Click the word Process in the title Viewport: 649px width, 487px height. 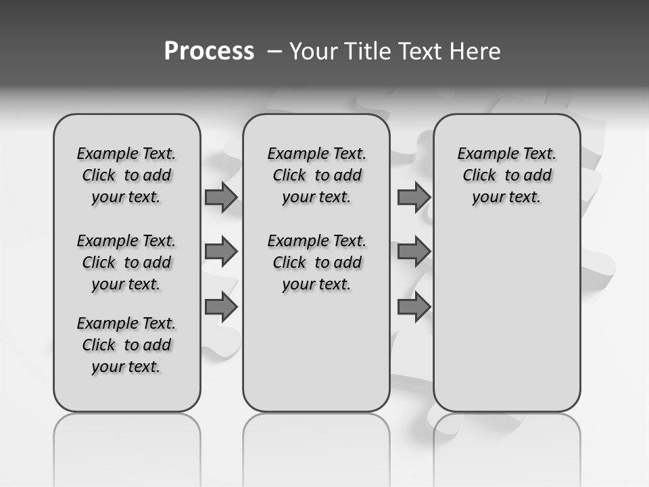pyautogui.click(x=209, y=51)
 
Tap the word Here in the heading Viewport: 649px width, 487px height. pyautogui.click(x=476, y=51)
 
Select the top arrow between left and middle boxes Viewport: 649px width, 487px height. pyautogui.click(x=221, y=197)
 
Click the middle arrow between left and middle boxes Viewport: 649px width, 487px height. pyautogui.click(x=221, y=252)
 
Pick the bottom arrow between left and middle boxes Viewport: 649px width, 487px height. pyautogui.click(x=221, y=307)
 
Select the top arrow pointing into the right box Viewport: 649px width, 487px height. pyautogui.click(x=414, y=197)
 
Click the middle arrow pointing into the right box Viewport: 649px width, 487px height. pyautogui.click(x=414, y=252)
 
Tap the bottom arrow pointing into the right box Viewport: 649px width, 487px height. pyautogui.click(x=414, y=307)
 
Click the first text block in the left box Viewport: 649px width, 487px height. pyautogui.click(x=126, y=175)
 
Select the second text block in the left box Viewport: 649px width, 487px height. pyautogui.click(x=126, y=262)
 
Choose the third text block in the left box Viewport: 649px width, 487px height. pyautogui.click(x=126, y=345)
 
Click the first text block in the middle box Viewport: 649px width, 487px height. pyautogui.click(x=316, y=175)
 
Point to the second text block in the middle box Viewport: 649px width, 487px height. pyautogui.click(x=316, y=262)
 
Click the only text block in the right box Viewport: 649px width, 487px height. pyautogui.click(x=506, y=175)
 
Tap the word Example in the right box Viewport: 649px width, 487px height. pyautogui.click(x=483, y=154)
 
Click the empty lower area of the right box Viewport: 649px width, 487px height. pyautogui.click(x=506, y=318)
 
